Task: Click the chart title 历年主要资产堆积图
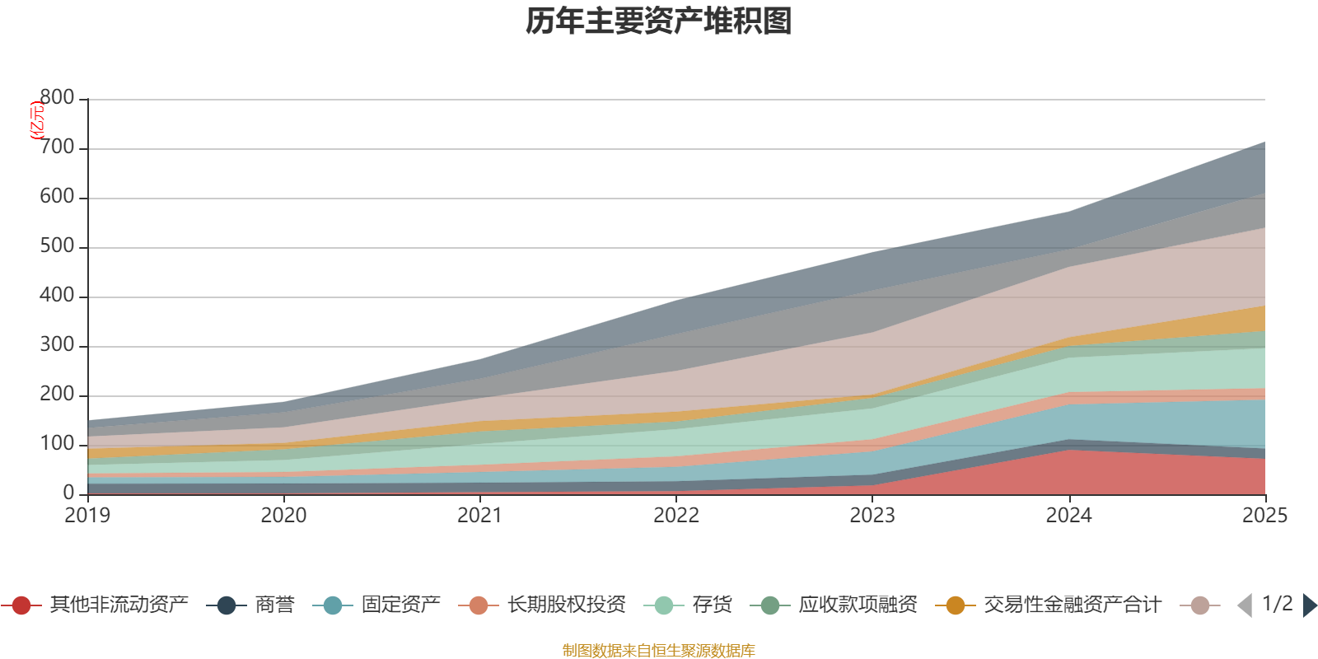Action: pos(658,21)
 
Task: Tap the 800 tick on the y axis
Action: pos(57,97)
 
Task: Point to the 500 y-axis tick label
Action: pos(57,245)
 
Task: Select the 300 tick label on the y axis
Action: pos(57,344)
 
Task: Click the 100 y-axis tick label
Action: pos(57,443)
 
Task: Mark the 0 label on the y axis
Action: pos(68,493)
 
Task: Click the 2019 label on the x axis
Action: pos(87,516)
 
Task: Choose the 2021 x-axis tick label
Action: pos(480,516)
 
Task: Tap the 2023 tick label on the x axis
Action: pos(872,516)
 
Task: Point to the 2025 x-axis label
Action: pos(1265,516)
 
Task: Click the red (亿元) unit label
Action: pos(37,120)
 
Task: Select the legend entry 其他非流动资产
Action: pos(95,605)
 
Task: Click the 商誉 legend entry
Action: pos(250,605)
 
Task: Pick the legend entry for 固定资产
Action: pos(376,605)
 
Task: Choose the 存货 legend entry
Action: pos(688,605)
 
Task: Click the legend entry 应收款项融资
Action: pos(834,605)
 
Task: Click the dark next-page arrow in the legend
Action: pos(1309,605)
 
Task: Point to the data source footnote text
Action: pos(658,650)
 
